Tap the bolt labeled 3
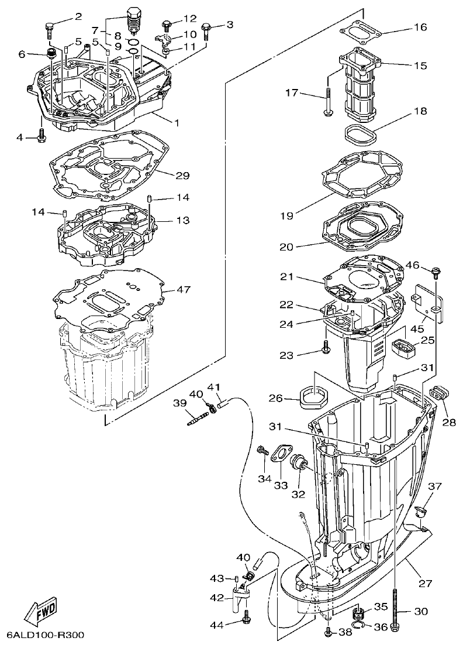pyautogui.click(x=206, y=30)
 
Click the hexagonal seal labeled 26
pyautogui.click(x=313, y=398)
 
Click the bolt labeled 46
pyautogui.click(x=436, y=272)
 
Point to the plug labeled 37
pyautogui.click(x=419, y=512)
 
